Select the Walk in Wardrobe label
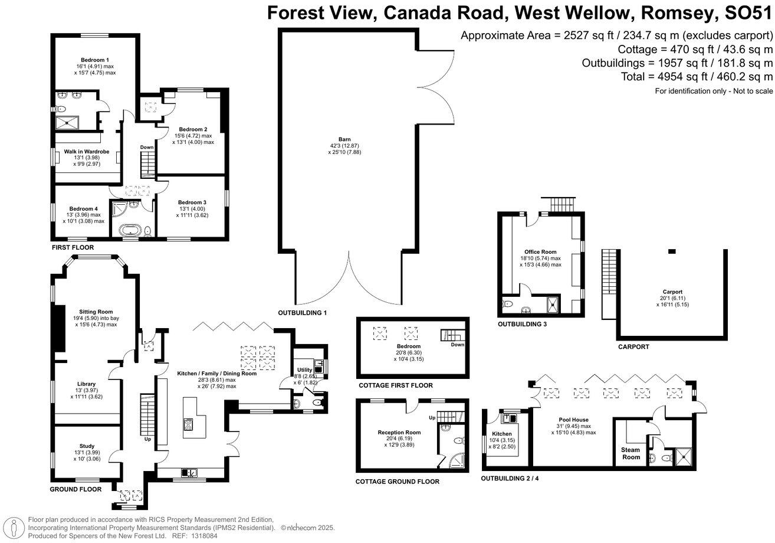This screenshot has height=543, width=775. tap(86, 151)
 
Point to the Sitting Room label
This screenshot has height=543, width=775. tap(96, 312)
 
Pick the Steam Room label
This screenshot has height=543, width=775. tap(630, 453)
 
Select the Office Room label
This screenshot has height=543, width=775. tap(540, 252)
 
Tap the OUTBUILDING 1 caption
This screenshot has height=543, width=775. tap(302, 312)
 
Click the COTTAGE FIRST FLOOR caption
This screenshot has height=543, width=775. tap(395, 385)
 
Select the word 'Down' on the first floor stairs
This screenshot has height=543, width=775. tap(147, 147)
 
